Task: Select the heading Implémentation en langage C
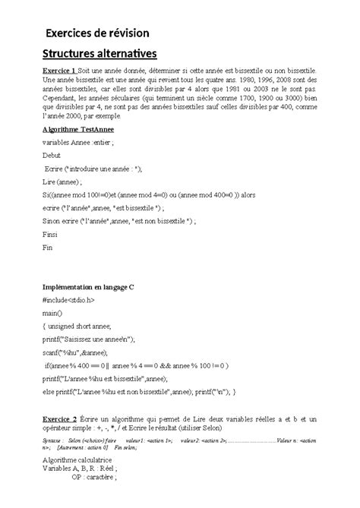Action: pos(95,289)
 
